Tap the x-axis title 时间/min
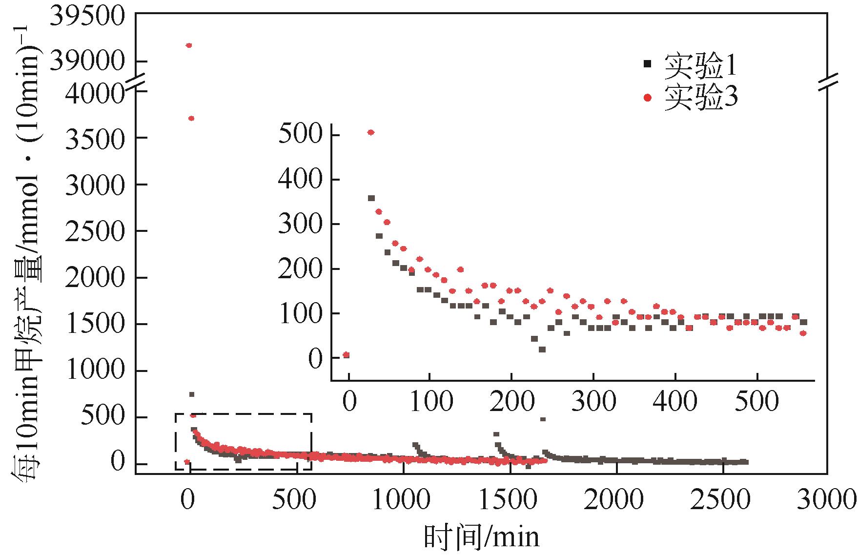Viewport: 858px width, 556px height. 481,537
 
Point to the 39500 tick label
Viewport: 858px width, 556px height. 88,18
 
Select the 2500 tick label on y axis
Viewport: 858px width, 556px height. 95,231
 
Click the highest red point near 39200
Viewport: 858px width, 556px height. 189,45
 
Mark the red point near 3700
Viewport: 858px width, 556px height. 191,118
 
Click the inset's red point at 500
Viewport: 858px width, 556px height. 370,132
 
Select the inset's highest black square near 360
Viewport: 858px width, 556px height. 371,198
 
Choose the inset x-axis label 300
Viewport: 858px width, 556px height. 593,402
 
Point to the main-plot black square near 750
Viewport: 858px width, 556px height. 192,394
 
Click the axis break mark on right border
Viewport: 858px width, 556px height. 827,81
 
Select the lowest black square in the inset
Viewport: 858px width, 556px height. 542,350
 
